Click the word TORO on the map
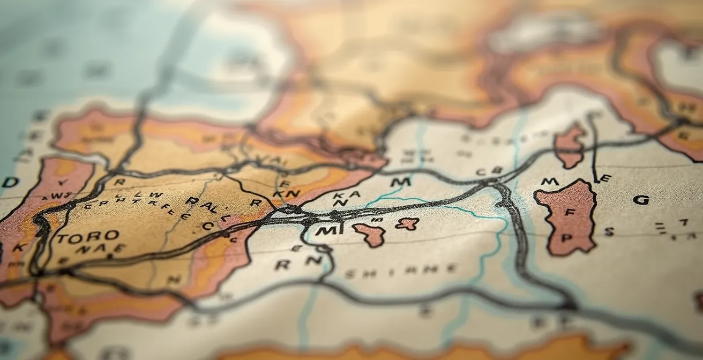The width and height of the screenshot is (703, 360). pos(80,236)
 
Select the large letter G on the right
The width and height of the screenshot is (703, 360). pos(641,200)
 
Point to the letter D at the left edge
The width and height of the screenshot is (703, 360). pos(10,182)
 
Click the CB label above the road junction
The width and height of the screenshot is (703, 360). pos(489,171)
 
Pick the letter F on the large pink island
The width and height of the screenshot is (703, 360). pos(570,213)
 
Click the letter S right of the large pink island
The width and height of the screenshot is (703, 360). pos(609,231)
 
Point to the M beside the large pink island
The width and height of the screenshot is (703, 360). pos(549,182)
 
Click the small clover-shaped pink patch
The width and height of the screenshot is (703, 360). pos(407,223)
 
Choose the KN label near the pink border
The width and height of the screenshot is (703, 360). pos(286,193)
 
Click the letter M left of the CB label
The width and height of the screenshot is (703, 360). pos(400,182)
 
